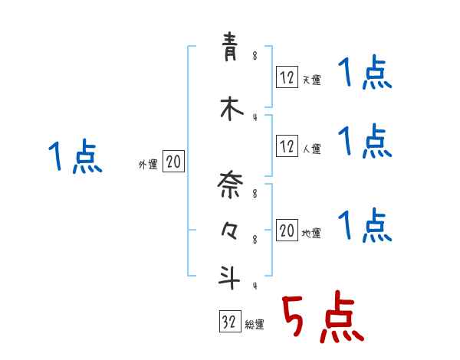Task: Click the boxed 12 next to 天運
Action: (287, 77)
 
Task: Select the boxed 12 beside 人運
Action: (287, 146)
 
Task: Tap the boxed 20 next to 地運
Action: (287, 231)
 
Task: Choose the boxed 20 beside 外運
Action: (174, 162)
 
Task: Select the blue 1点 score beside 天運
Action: (364, 74)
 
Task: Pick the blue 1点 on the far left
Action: (74, 157)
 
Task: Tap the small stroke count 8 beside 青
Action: (255, 55)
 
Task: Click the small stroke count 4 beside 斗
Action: (255, 287)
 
